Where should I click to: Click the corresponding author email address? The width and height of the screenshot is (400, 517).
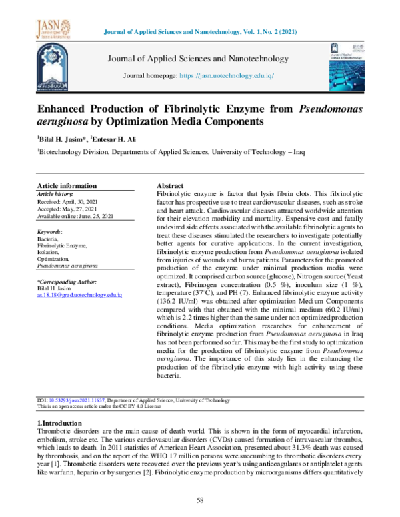click(79, 294)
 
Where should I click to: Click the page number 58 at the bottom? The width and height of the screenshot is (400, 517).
click(199, 500)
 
